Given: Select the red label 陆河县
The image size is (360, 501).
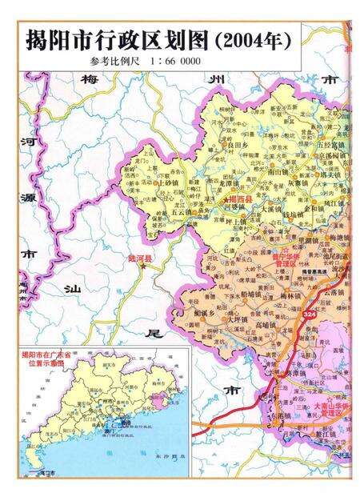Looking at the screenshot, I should point(139,259).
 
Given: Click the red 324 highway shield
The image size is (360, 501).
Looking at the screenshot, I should point(309,318).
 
